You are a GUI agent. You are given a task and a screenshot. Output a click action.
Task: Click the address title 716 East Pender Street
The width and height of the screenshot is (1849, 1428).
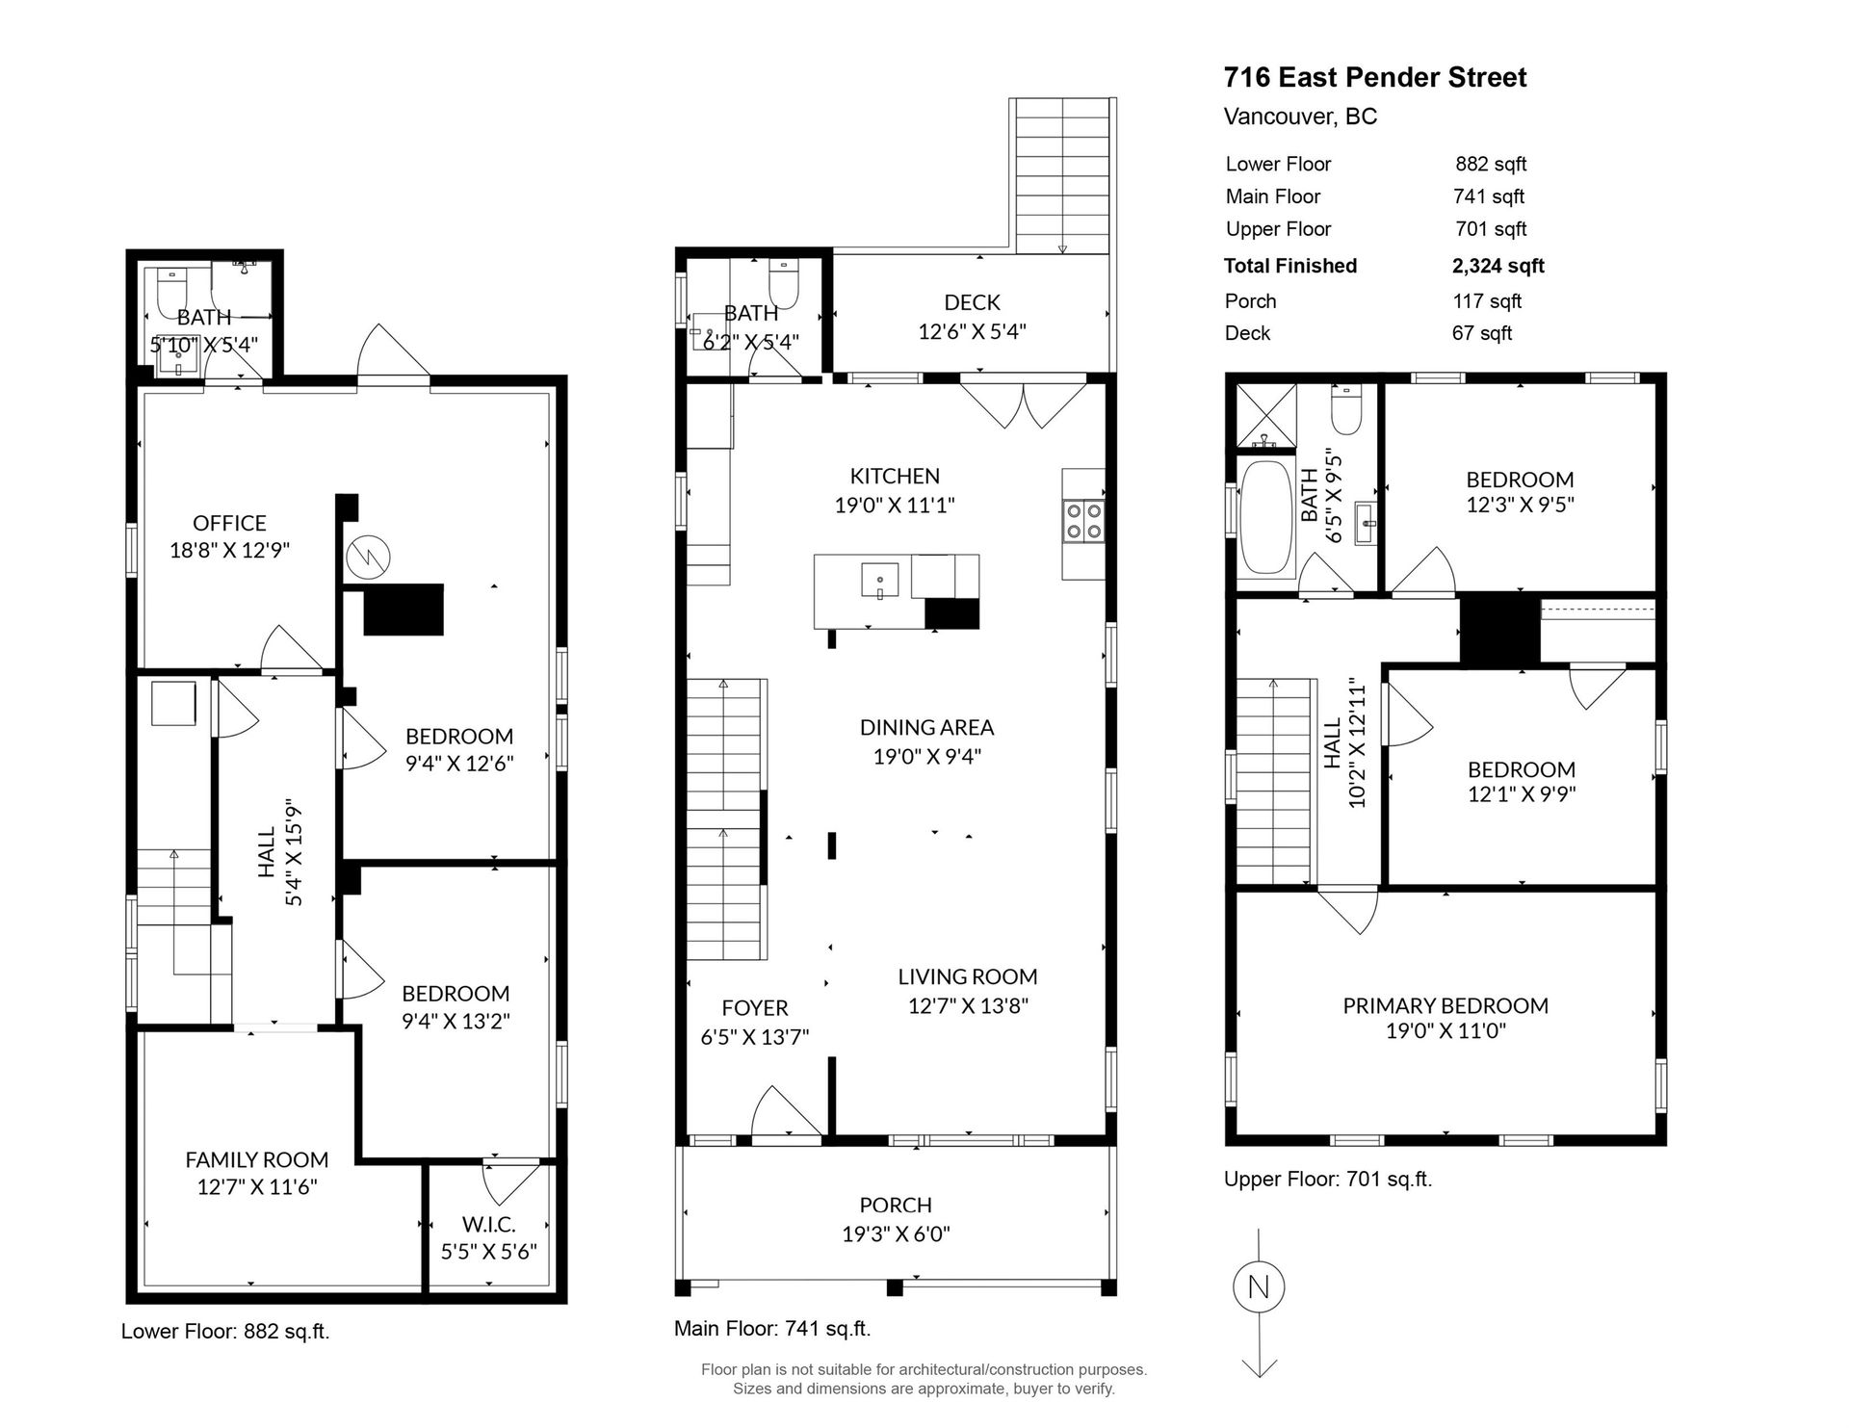(1374, 77)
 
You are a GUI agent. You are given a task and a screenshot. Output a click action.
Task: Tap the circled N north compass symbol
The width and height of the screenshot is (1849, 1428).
(1259, 1286)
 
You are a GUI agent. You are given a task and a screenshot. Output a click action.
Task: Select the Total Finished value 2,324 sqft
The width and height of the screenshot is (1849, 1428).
(1497, 266)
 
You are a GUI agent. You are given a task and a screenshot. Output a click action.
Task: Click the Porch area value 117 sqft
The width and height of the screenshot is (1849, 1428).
(1487, 301)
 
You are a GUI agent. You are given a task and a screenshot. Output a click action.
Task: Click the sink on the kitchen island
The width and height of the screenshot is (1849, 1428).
(880, 582)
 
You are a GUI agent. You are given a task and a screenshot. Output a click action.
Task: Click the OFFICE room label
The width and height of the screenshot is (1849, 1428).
(229, 523)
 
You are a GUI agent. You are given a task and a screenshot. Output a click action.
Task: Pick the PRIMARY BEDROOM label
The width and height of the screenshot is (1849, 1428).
(1445, 1005)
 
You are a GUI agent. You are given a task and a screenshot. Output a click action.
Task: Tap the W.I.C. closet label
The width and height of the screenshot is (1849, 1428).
(489, 1224)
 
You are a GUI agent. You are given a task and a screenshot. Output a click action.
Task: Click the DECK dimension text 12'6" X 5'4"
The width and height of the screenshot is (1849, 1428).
(972, 331)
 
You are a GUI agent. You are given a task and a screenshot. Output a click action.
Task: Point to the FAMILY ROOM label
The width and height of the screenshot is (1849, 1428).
(257, 1159)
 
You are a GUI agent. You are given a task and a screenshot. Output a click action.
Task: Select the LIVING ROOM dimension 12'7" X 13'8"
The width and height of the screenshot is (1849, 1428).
(968, 1005)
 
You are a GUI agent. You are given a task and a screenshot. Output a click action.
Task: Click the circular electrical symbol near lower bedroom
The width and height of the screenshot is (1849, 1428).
(369, 556)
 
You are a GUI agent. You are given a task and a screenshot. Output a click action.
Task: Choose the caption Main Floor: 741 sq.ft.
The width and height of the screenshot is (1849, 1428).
(772, 1329)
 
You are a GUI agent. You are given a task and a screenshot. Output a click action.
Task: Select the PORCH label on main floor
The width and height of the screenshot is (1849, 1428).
(896, 1205)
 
